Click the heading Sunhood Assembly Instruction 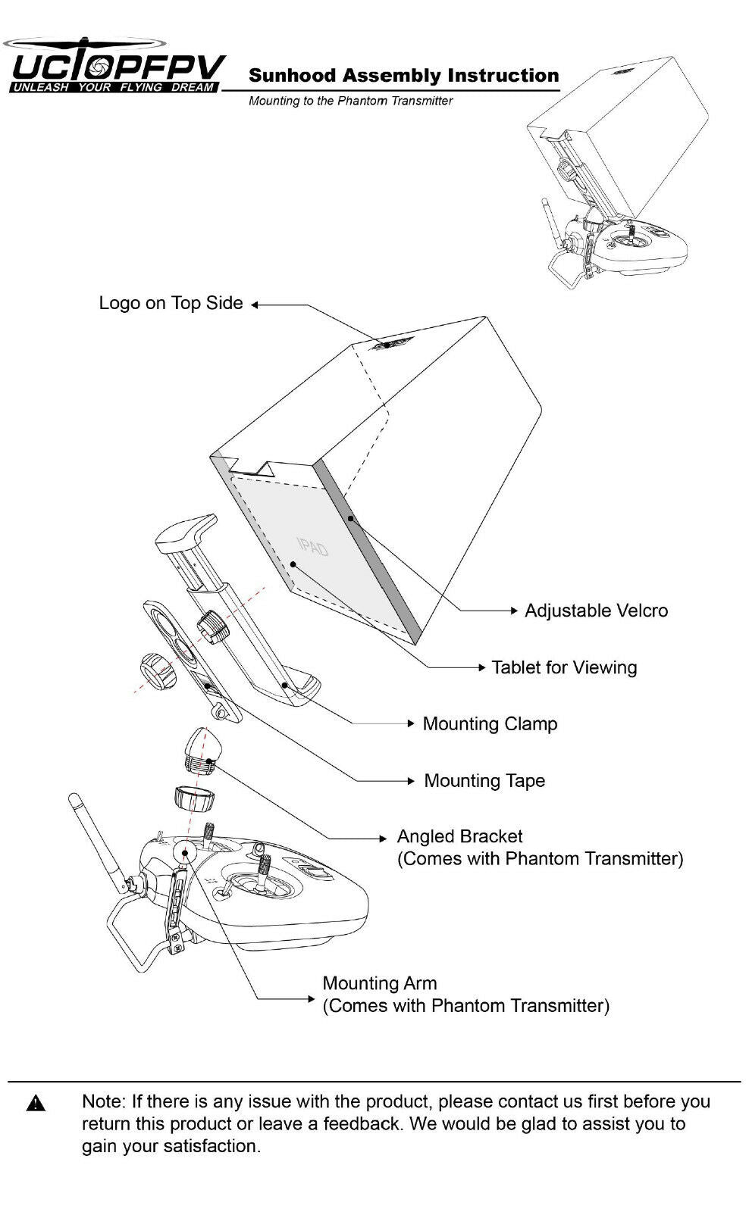pyautogui.click(x=403, y=76)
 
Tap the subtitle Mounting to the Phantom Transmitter pyautogui.click(x=350, y=101)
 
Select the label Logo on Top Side pyautogui.click(x=171, y=303)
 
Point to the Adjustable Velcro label pyautogui.click(x=596, y=611)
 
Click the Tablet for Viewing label pyautogui.click(x=564, y=667)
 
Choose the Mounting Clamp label pyautogui.click(x=490, y=723)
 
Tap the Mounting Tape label pyautogui.click(x=484, y=780)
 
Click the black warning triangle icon pyautogui.click(x=35, y=1104)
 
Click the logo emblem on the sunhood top pyautogui.click(x=390, y=344)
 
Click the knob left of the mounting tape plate pyautogui.click(x=157, y=670)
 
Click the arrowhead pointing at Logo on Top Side pyautogui.click(x=255, y=305)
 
